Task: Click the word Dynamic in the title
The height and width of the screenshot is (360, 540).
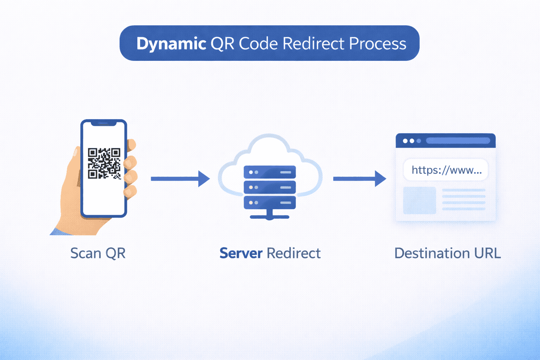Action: [x=171, y=44]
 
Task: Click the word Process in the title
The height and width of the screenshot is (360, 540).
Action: [x=378, y=44]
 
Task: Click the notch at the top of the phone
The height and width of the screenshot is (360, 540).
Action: [x=103, y=124]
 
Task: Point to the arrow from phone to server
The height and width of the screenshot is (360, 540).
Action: [x=180, y=179]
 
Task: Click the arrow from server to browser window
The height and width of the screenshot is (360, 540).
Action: [x=359, y=179]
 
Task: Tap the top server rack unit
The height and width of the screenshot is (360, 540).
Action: [x=270, y=172]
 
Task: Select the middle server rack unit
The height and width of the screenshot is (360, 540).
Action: [x=270, y=187]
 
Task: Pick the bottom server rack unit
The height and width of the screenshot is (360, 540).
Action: [x=270, y=202]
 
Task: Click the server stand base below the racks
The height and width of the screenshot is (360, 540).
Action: [x=270, y=217]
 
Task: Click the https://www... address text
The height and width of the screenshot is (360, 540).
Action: [x=446, y=170]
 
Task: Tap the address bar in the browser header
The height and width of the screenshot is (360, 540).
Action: [x=458, y=141]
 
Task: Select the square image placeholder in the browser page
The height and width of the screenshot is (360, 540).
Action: [x=419, y=200]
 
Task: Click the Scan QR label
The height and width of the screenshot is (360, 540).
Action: [x=98, y=253]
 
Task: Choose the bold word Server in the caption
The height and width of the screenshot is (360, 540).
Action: [x=241, y=253]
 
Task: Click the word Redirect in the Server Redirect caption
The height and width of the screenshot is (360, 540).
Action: [x=294, y=253]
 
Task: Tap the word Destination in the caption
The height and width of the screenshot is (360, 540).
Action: [x=432, y=253]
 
